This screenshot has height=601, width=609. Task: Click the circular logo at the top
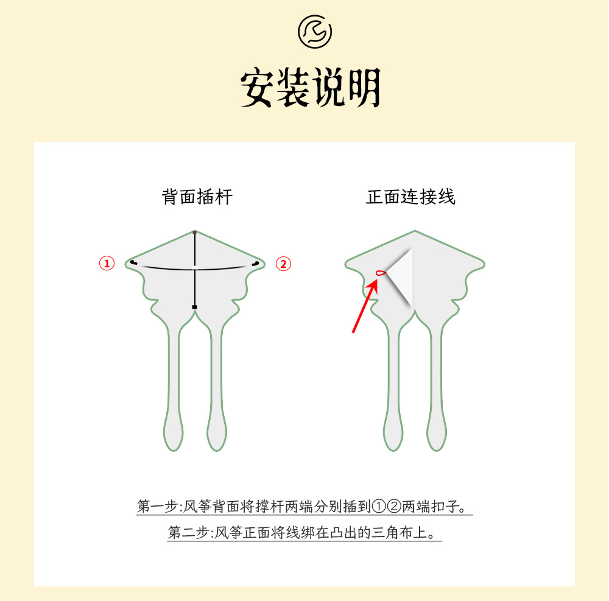pyautogui.click(x=315, y=32)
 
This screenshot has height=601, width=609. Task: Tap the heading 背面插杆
pyautogui.click(x=197, y=197)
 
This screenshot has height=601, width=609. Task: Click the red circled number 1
pyautogui.click(x=107, y=263)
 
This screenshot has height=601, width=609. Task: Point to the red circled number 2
pyautogui.click(x=283, y=263)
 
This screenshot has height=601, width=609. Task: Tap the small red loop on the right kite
pyautogui.click(x=381, y=273)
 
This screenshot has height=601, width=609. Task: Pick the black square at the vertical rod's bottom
pyautogui.click(x=194, y=306)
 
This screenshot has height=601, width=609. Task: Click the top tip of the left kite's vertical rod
pyautogui.click(x=194, y=232)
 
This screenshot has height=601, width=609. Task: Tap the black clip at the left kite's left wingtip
pyautogui.click(x=133, y=262)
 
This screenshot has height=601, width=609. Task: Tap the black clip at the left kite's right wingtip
pyautogui.click(x=256, y=263)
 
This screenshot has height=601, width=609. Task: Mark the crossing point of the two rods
pyautogui.click(x=194, y=268)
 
